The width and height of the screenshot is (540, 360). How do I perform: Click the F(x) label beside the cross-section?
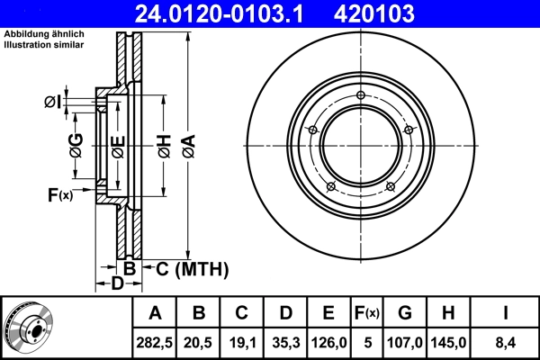point(60,193)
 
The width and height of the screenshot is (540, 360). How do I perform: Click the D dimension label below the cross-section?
point(116,284)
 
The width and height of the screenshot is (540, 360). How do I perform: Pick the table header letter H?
point(447,313)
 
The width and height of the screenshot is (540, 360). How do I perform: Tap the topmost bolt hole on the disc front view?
point(360,96)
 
